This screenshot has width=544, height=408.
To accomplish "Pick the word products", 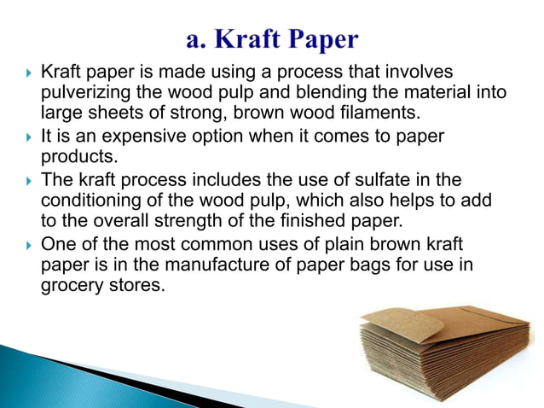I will tap(75, 156).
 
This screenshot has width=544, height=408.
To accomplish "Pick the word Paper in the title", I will tap(321, 39).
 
